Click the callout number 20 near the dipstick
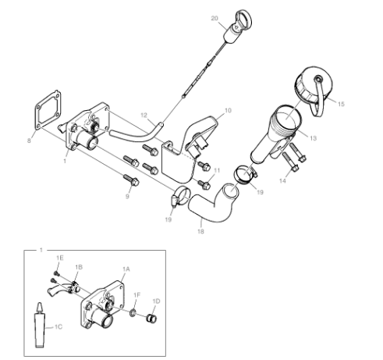[215, 18]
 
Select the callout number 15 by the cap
[341, 104]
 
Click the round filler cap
[314, 86]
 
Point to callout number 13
[314, 138]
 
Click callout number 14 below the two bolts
[282, 180]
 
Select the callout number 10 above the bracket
[228, 110]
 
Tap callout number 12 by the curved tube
[144, 115]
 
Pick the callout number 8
[29, 141]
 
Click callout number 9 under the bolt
[127, 196]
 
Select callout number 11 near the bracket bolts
[217, 170]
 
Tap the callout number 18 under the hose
[200, 231]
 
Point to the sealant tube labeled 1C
[40, 326]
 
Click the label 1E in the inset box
[60, 258]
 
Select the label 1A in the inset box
[126, 269]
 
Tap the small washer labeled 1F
[133, 312]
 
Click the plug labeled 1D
[151, 319]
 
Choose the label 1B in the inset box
[79, 267]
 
